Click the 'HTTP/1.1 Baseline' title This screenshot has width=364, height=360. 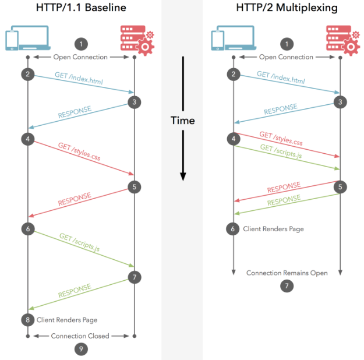(x=81, y=8)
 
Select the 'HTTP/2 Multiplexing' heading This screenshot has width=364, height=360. (x=287, y=8)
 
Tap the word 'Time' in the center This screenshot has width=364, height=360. (x=183, y=121)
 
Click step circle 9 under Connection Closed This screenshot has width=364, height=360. (x=81, y=349)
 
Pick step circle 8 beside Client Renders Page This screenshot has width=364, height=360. (x=28, y=320)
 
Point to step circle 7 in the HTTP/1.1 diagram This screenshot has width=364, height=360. (x=135, y=277)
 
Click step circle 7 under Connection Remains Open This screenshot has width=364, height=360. (x=287, y=285)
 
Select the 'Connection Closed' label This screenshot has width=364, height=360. (x=80, y=336)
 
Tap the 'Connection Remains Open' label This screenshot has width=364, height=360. (x=287, y=273)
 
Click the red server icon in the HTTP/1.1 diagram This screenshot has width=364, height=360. (x=137, y=40)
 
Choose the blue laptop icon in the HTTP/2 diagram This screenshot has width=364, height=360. (x=234, y=38)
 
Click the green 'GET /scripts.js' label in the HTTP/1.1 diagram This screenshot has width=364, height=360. (x=80, y=242)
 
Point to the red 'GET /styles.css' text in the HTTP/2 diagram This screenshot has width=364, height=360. (x=281, y=139)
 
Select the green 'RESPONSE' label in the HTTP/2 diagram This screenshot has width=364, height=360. (x=284, y=200)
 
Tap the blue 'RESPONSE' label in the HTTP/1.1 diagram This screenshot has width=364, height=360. (x=75, y=112)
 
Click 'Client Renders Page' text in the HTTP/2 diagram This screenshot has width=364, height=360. (x=273, y=229)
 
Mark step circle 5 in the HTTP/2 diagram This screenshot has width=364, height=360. (x=340, y=187)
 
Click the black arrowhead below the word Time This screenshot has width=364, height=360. (x=183, y=177)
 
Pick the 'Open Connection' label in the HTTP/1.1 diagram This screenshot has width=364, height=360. (x=80, y=57)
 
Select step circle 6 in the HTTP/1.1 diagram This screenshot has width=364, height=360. (x=28, y=229)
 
